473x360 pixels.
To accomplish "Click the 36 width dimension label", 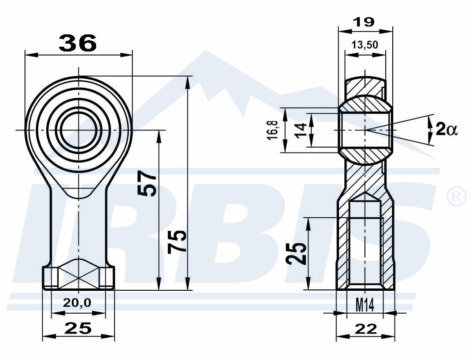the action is [x=78, y=43].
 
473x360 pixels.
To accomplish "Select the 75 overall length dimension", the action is [x=177, y=241].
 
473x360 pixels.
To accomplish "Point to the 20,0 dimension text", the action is [x=77, y=302].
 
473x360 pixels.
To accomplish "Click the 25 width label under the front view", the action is [x=78, y=328].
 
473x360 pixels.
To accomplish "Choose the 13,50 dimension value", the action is [x=365, y=45].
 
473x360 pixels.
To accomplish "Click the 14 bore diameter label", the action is [x=302, y=130].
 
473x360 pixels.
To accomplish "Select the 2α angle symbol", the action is [x=447, y=130].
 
